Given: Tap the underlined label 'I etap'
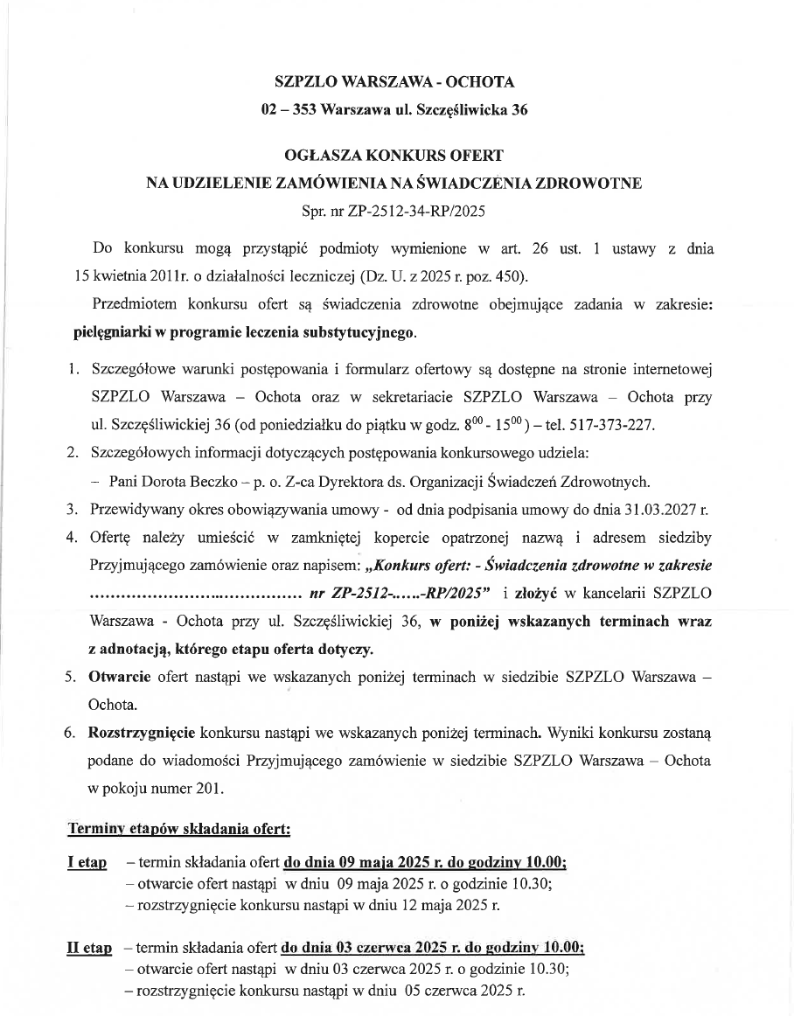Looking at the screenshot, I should click(x=87, y=863).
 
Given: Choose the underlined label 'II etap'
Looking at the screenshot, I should click(x=89, y=949).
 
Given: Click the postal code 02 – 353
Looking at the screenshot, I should click(x=287, y=110).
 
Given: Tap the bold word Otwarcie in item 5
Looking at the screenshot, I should click(x=119, y=677).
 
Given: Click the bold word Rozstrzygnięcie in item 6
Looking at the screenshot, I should click(x=143, y=731).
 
